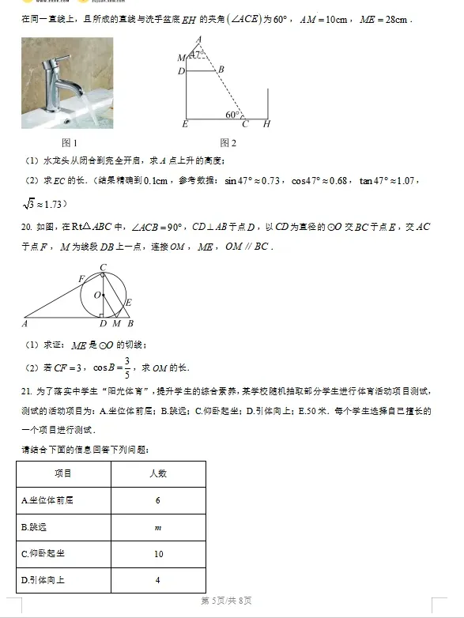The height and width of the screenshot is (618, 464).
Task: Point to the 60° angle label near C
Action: (232, 115)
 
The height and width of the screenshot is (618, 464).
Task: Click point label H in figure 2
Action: (266, 124)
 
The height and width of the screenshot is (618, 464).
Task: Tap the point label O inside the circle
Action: (97, 295)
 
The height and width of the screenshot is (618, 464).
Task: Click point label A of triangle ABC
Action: (25, 323)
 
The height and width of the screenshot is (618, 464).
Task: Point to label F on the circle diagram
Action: (81, 278)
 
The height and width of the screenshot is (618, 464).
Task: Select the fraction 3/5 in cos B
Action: (126, 367)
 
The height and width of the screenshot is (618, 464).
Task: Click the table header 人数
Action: (158, 473)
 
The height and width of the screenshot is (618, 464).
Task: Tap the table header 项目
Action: (63, 473)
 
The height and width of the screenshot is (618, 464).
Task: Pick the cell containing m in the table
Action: (158, 527)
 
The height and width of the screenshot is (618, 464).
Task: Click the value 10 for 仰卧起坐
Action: (158, 554)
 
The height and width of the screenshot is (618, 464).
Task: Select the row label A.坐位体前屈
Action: (48, 500)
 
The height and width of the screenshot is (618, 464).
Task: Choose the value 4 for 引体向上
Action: (158, 581)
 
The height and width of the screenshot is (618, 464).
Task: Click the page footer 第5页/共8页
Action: (226, 601)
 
